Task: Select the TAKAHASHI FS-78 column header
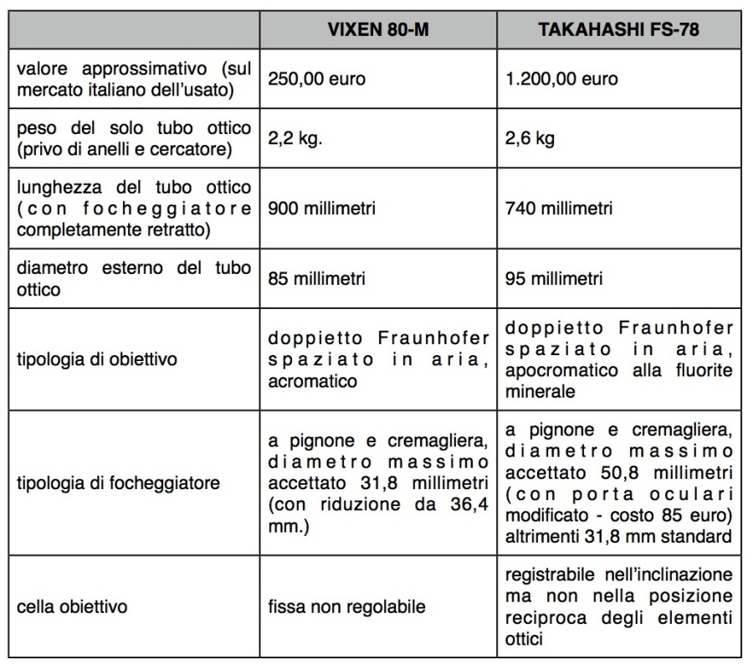click(x=617, y=30)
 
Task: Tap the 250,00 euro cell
click(x=317, y=79)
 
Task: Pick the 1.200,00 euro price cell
click(x=562, y=79)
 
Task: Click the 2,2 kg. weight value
click(x=295, y=139)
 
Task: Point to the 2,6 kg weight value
click(x=530, y=139)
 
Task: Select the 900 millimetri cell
click(x=322, y=208)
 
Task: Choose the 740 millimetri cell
click(x=559, y=208)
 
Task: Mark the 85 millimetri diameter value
click(x=317, y=277)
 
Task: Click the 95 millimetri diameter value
click(x=554, y=277)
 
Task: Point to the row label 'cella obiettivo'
click(x=72, y=605)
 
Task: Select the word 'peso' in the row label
click(x=34, y=128)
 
